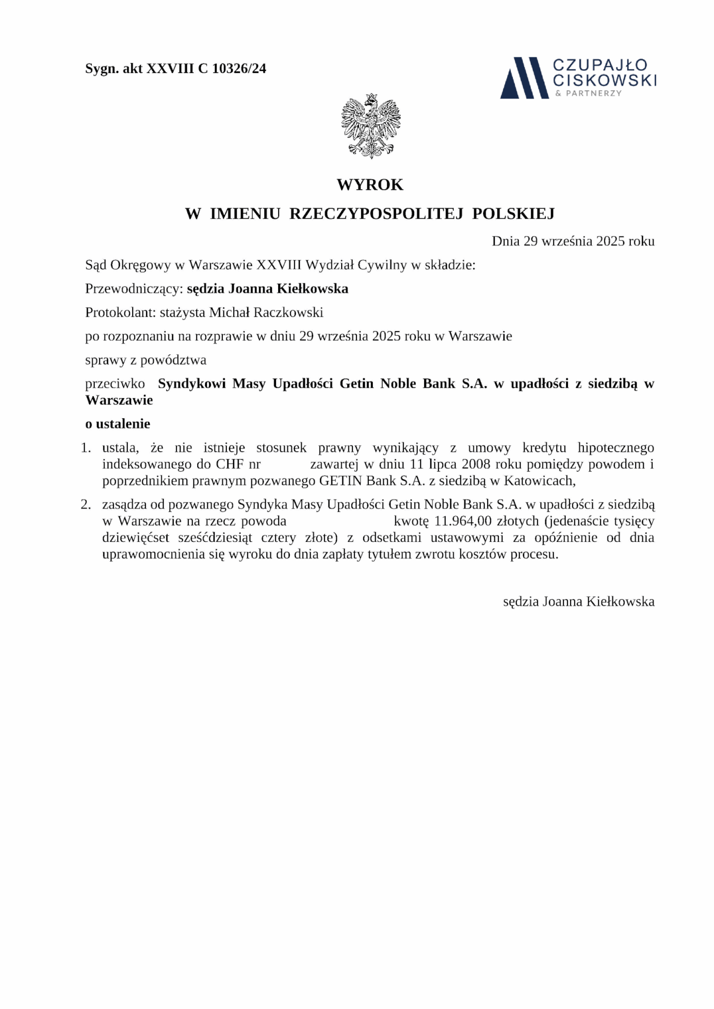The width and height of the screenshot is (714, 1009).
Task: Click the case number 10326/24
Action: (239, 68)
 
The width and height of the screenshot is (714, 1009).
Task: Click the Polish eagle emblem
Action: (371, 126)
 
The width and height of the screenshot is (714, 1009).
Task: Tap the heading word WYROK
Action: (370, 185)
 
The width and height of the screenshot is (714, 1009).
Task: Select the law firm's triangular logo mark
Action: (524, 78)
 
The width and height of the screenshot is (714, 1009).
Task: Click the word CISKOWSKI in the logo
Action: (605, 80)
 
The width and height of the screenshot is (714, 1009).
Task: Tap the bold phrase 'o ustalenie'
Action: (118, 424)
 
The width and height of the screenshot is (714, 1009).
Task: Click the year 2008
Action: (476, 464)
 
